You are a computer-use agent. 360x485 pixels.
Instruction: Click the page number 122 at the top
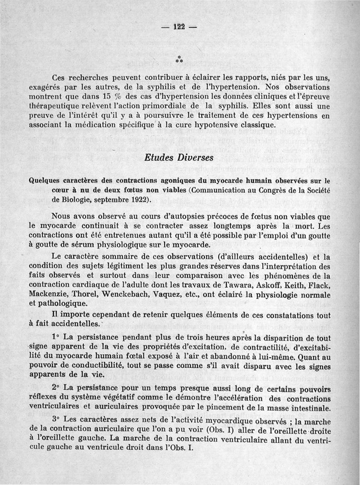click(180, 26)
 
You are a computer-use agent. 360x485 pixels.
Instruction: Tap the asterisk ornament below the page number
click(179, 58)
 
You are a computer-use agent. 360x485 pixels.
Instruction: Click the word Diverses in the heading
click(193, 158)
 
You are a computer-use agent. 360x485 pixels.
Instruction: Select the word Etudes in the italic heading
click(158, 158)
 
